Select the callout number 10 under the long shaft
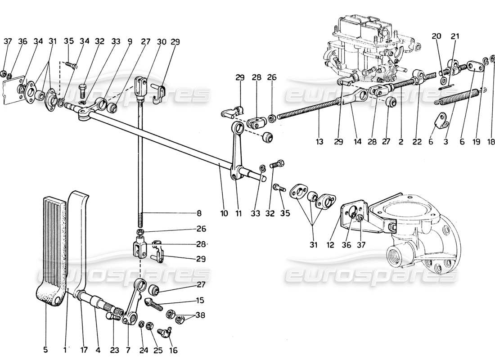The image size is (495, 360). [224, 214]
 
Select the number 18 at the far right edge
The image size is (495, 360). [491, 142]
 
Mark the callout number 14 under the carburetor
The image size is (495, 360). [357, 142]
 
